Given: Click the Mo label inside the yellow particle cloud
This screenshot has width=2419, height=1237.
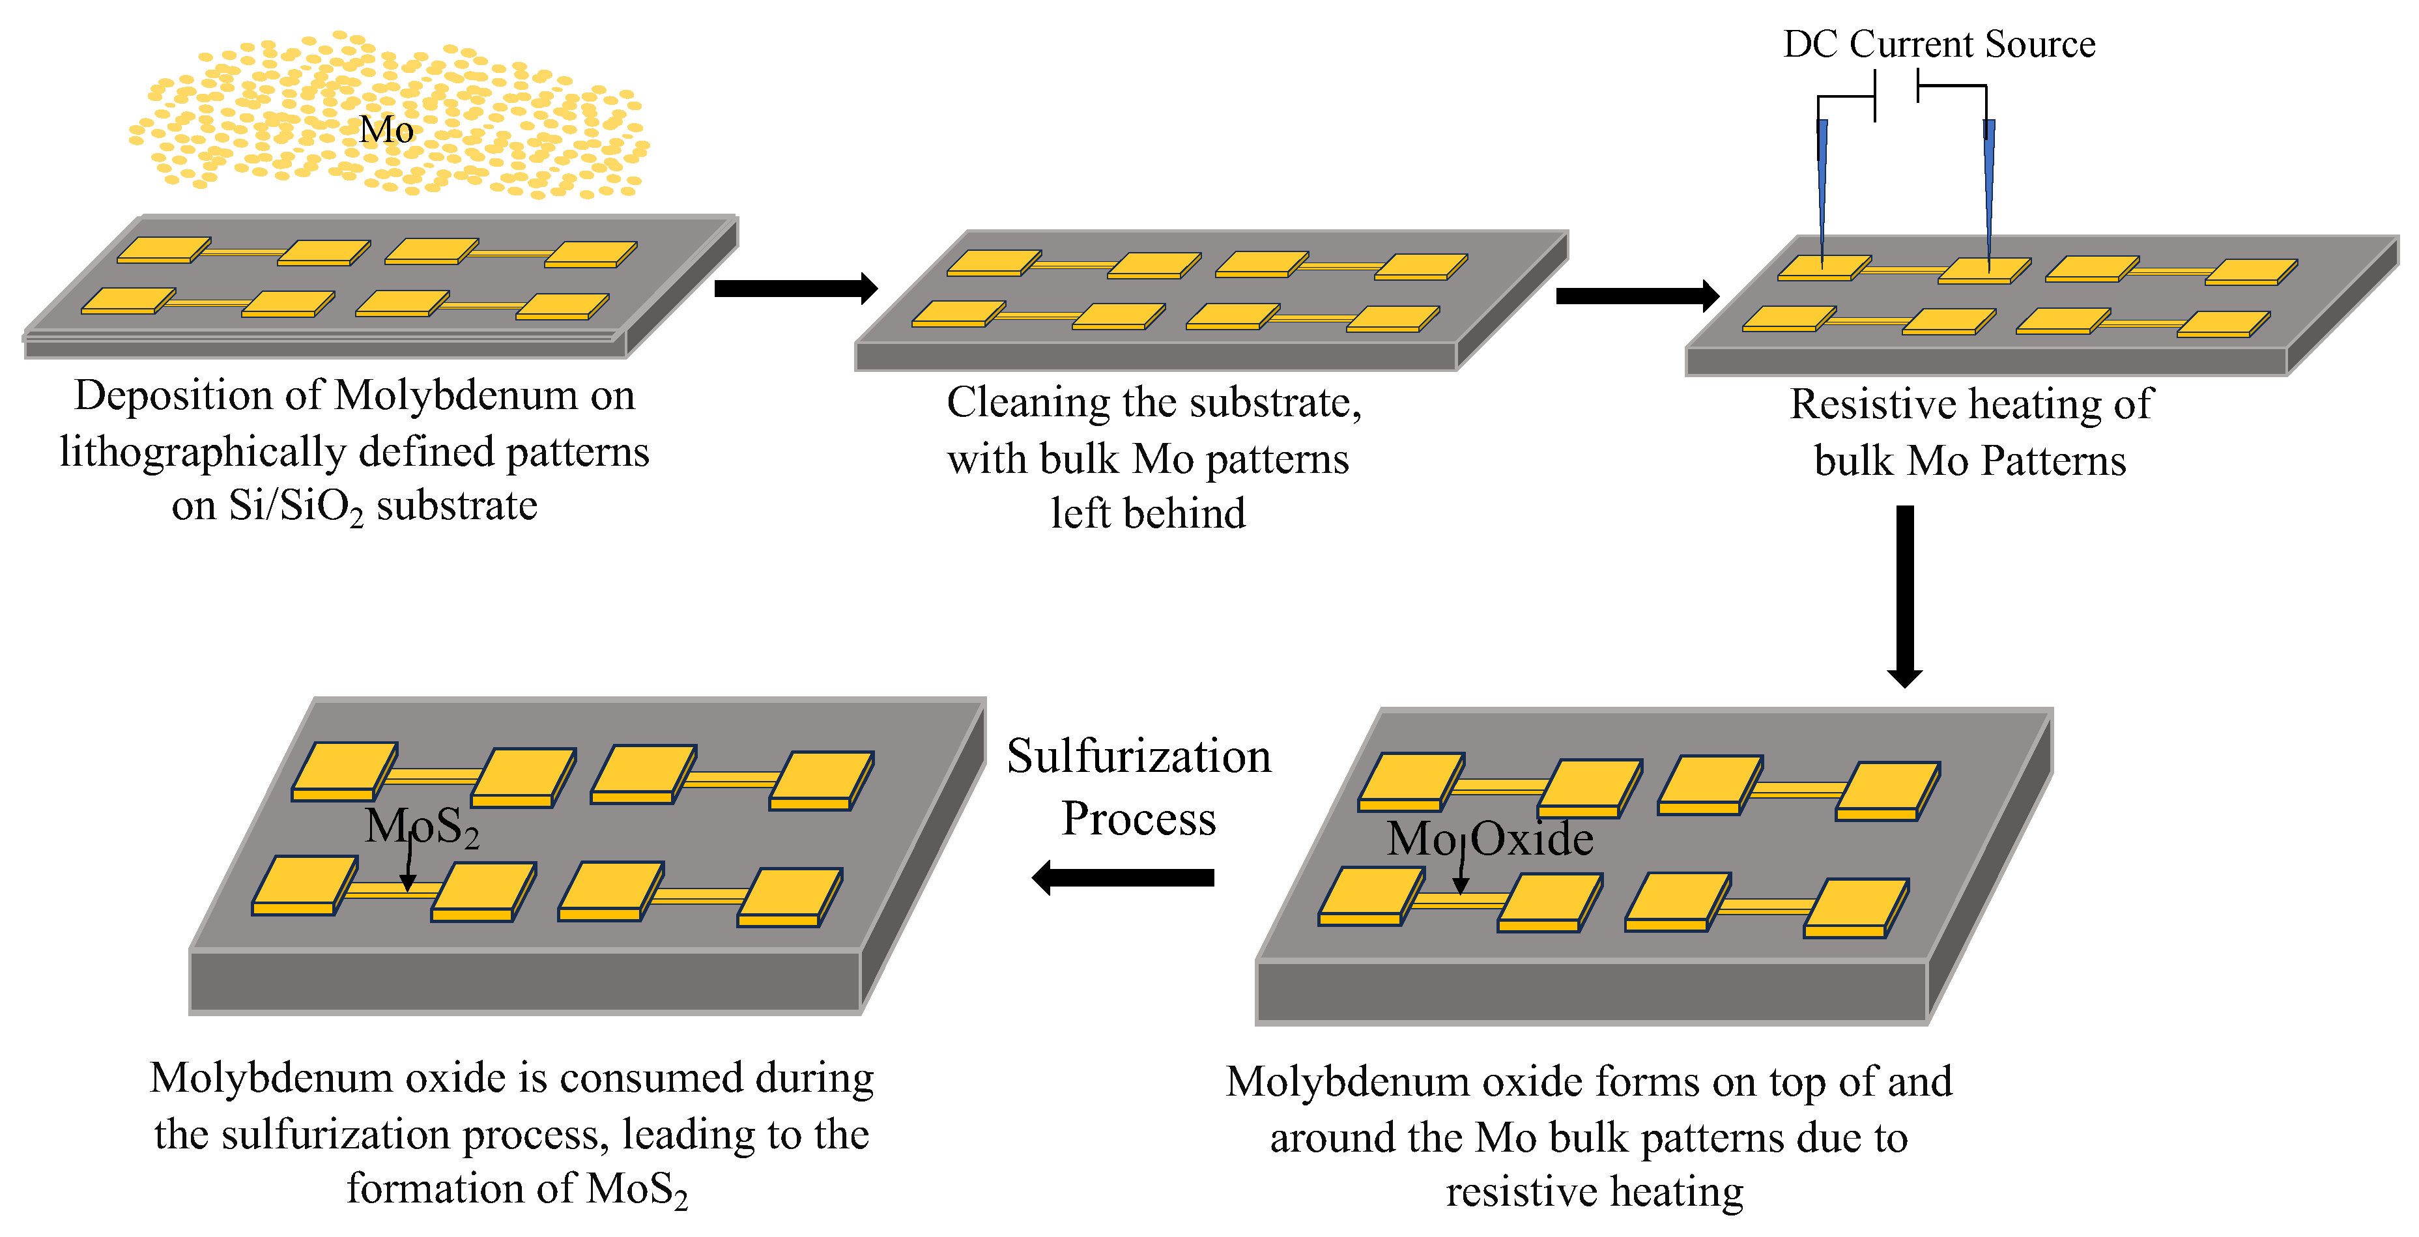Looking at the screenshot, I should (386, 130).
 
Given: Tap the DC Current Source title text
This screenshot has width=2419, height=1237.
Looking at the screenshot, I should (1938, 44).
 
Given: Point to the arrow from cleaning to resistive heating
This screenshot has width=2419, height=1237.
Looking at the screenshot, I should (1636, 296).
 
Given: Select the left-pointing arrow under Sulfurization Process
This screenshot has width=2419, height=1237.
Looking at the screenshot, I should (1123, 877).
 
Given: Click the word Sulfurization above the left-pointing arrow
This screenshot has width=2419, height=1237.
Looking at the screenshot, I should (1138, 756).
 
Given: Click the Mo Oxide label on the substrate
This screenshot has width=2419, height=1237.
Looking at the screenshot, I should (1490, 838).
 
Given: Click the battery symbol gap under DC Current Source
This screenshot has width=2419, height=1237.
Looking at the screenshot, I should (1896, 92).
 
